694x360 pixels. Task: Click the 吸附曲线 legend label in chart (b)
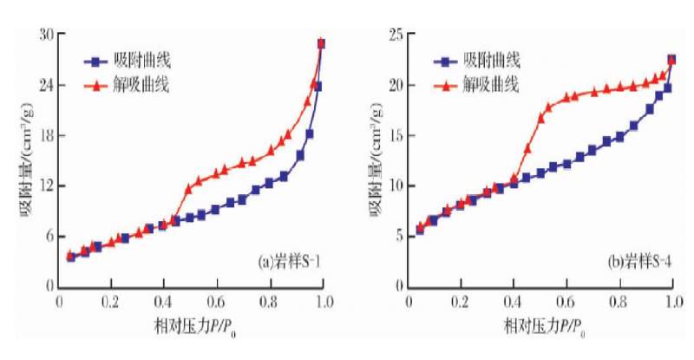(x=491, y=62)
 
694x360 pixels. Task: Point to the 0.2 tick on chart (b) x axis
(x=461, y=303)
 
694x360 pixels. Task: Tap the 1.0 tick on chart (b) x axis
(x=671, y=303)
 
